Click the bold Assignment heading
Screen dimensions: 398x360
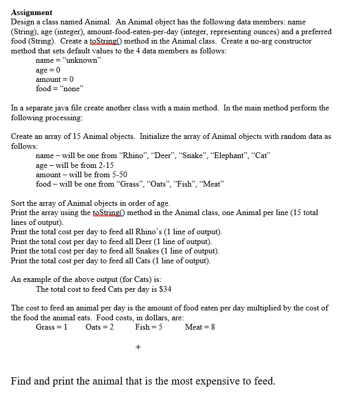pyautogui.click(x=32, y=12)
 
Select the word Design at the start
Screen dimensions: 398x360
pyautogui.click(x=23, y=22)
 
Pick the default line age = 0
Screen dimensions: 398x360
pyautogui.click(x=48, y=70)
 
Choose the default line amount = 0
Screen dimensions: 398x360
pyautogui.click(x=54, y=79)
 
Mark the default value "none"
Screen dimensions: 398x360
pyautogui.click(x=68, y=89)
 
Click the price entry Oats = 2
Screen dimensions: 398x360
pyautogui.click(x=100, y=327)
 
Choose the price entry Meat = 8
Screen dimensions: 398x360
pyautogui.click(x=200, y=327)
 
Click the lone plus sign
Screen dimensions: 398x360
pyautogui.click(x=138, y=348)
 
